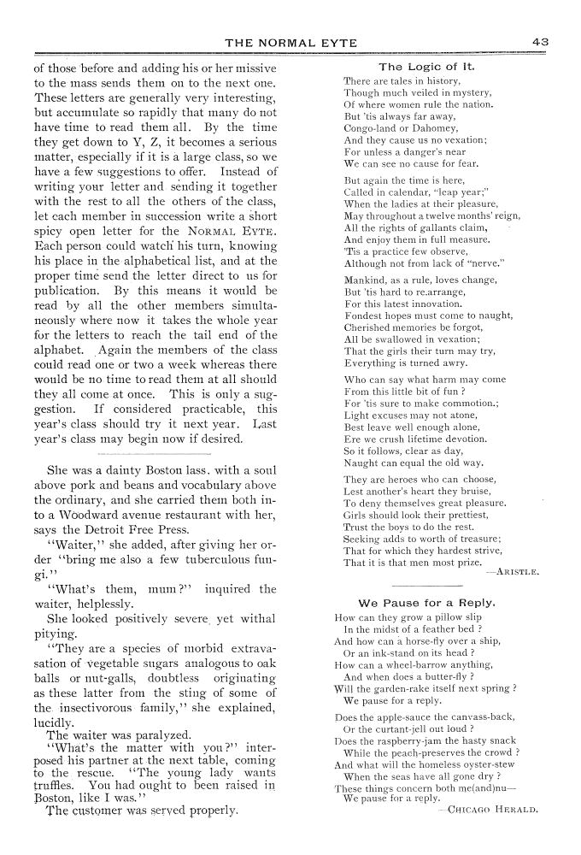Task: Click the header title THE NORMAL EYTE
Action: tap(290, 43)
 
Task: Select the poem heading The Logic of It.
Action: tap(427, 66)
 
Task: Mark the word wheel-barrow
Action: tap(407, 664)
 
